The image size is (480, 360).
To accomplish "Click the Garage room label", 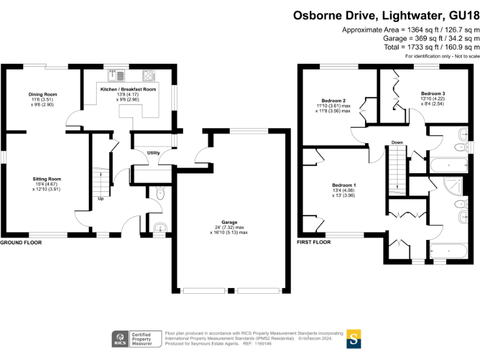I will [229, 223].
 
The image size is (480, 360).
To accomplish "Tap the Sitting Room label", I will [47, 179].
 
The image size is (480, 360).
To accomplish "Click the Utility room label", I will [153, 152].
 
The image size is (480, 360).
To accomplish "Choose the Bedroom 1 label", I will [344, 185].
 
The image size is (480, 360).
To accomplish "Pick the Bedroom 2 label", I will [333, 101].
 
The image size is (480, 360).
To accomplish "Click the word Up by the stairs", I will [100, 199].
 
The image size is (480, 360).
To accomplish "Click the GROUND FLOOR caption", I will [21, 242].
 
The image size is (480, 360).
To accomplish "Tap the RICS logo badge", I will [119, 339].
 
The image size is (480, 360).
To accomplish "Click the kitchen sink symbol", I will [116, 76].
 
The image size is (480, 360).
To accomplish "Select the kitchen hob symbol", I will [149, 76].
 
